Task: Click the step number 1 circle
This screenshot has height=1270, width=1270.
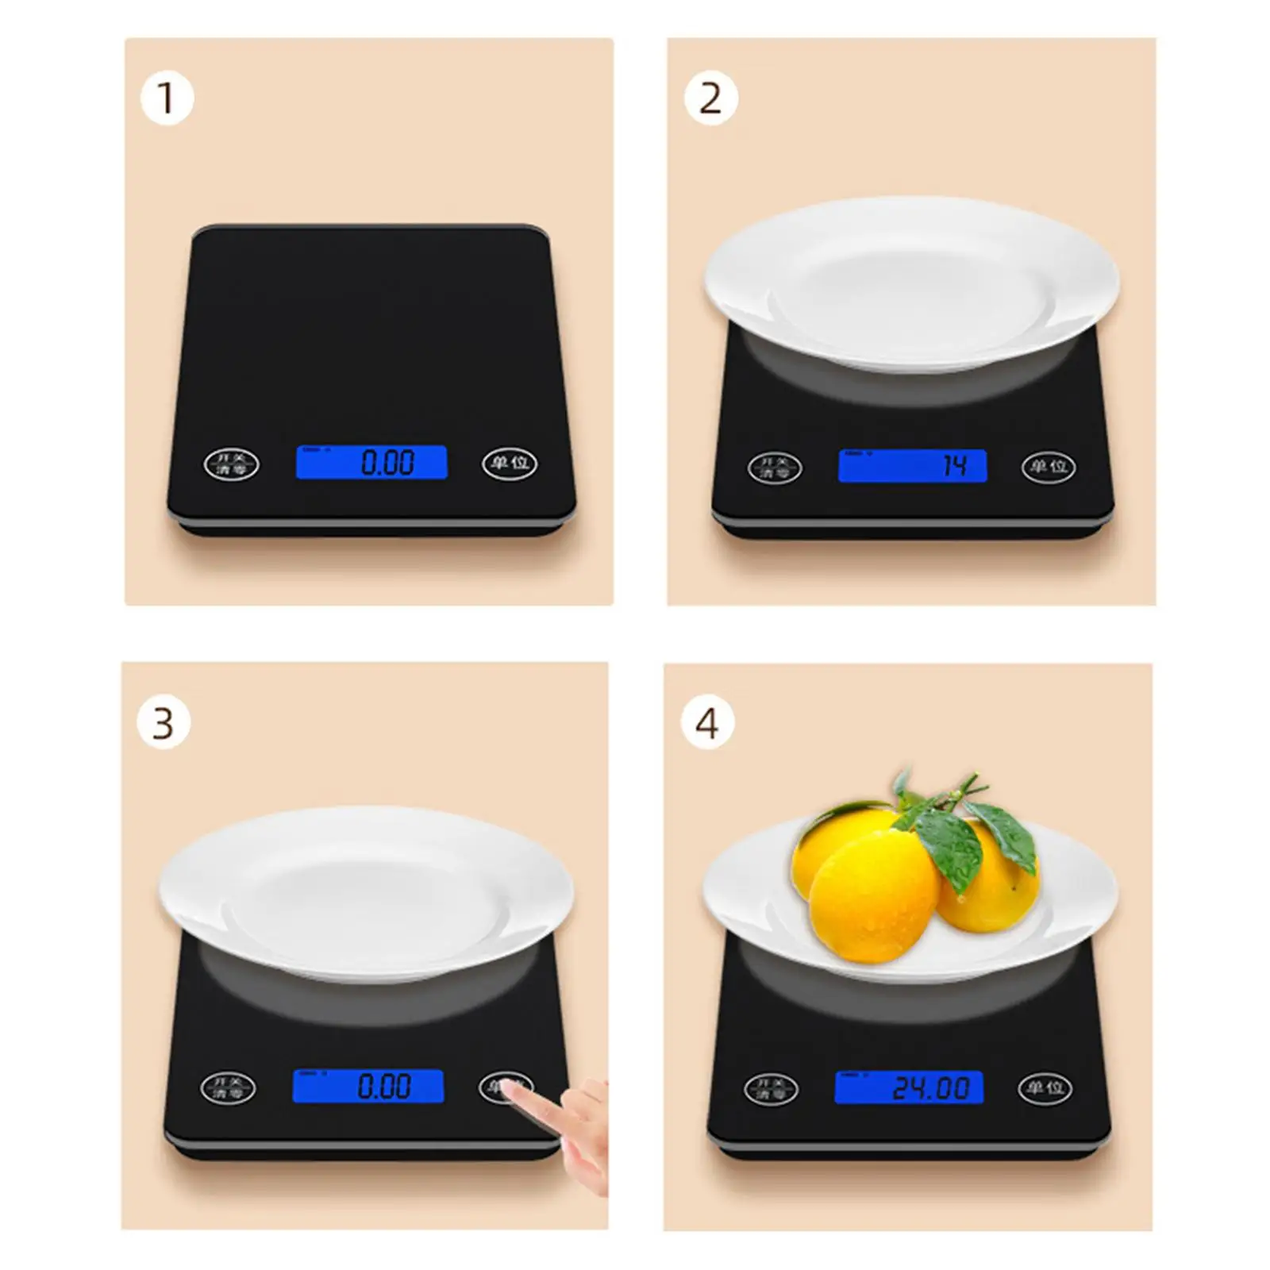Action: [x=167, y=98]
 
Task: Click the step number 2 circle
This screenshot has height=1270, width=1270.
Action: [x=710, y=98]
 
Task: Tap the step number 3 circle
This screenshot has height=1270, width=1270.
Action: [x=164, y=723]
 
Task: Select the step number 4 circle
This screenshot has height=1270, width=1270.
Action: [x=707, y=723]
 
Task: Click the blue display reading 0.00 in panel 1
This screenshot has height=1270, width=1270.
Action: [x=371, y=462]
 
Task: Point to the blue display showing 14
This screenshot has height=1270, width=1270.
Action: [x=912, y=466]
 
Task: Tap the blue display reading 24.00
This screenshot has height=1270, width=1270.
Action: [x=909, y=1087]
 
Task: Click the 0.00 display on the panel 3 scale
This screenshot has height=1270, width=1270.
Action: [x=368, y=1086]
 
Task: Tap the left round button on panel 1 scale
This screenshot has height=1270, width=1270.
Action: [x=232, y=464]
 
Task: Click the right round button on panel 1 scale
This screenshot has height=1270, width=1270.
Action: [x=510, y=463]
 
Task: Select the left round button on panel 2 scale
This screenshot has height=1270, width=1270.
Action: [x=775, y=468]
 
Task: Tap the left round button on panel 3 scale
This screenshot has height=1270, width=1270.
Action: [x=228, y=1087]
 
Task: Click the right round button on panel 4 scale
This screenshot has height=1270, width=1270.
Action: [x=1045, y=1089]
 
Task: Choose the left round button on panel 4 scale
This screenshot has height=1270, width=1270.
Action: [x=771, y=1090]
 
